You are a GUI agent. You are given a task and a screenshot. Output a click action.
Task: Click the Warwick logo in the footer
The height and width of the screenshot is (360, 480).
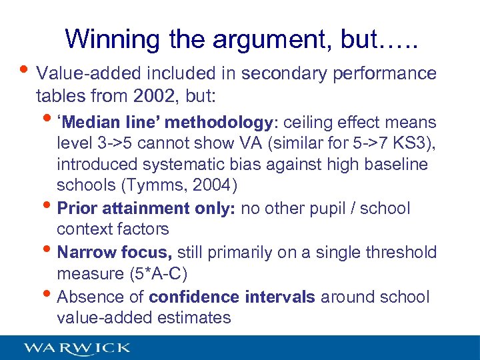pos(77,347)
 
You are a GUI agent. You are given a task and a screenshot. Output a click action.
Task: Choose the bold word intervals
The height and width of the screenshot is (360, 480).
pos(280,296)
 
